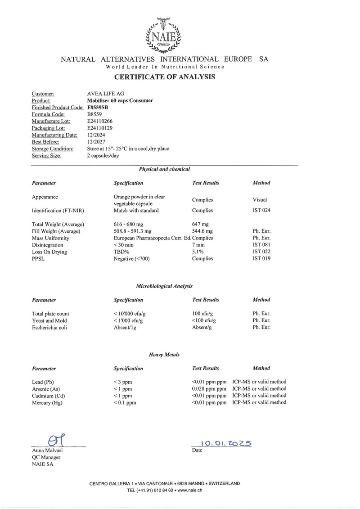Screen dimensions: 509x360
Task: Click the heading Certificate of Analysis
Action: [x=164, y=77]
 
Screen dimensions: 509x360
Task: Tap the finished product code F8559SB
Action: [x=97, y=108]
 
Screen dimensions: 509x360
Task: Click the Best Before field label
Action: [x=46, y=142]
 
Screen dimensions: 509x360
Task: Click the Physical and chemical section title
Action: [x=164, y=169]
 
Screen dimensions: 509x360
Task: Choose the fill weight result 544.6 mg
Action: [x=202, y=231]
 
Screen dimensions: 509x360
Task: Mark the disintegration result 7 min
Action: [x=199, y=245]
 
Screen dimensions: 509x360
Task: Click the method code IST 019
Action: [x=261, y=258]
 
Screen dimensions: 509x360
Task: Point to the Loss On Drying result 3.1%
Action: [x=198, y=252]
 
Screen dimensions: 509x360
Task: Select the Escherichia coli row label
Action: [x=49, y=328]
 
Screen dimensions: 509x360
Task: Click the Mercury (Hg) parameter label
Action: [x=47, y=403]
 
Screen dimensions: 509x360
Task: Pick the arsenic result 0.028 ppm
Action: [x=209, y=389]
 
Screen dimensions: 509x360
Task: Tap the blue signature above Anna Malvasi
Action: [x=55, y=440]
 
